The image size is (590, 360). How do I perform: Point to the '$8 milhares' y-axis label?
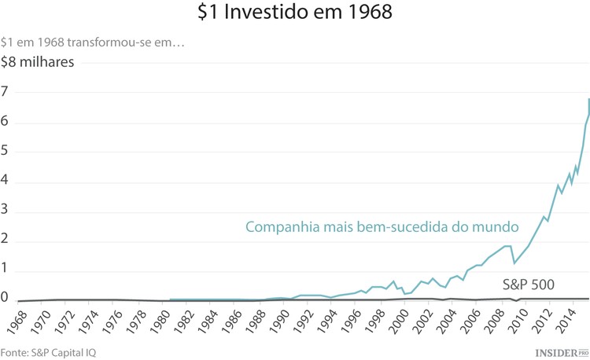[38, 64]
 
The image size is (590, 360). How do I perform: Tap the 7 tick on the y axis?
[5, 92]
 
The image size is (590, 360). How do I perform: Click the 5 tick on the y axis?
[5, 152]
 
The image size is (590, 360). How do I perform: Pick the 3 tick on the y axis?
[5, 211]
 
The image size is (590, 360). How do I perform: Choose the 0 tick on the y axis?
[5, 298]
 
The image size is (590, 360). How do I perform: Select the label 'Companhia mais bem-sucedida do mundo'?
[382, 227]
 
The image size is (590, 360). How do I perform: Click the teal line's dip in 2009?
[514, 263]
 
